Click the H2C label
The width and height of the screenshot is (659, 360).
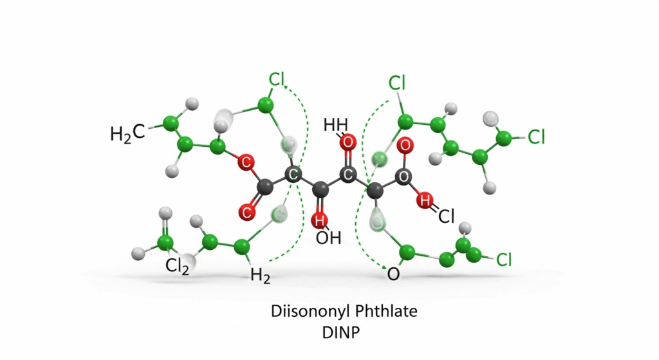tap(127, 133)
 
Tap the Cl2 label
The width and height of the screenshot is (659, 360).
tap(177, 267)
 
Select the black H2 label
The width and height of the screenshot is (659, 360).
tap(260, 276)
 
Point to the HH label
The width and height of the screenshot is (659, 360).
tap(336, 125)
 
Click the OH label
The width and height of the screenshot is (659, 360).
tap(328, 238)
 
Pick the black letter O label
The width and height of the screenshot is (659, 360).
tap(393, 274)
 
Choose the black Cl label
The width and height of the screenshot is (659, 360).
tap(447, 216)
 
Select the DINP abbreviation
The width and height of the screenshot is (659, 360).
tap(341, 333)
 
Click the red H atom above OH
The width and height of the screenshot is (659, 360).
tap(319, 220)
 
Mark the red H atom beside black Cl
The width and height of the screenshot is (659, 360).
tap(425, 200)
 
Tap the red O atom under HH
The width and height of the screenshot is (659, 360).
tap(347, 142)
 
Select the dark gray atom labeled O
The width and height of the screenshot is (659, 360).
tap(403, 176)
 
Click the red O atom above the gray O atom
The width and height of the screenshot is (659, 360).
tap(405, 146)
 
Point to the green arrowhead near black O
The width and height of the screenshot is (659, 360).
tap(383, 266)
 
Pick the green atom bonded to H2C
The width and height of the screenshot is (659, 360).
tap(170, 124)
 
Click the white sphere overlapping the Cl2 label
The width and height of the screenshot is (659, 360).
tap(189, 262)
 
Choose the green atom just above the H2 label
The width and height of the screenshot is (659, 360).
tap(242, 247)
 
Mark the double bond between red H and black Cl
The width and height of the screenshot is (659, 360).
tap(434, 208)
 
